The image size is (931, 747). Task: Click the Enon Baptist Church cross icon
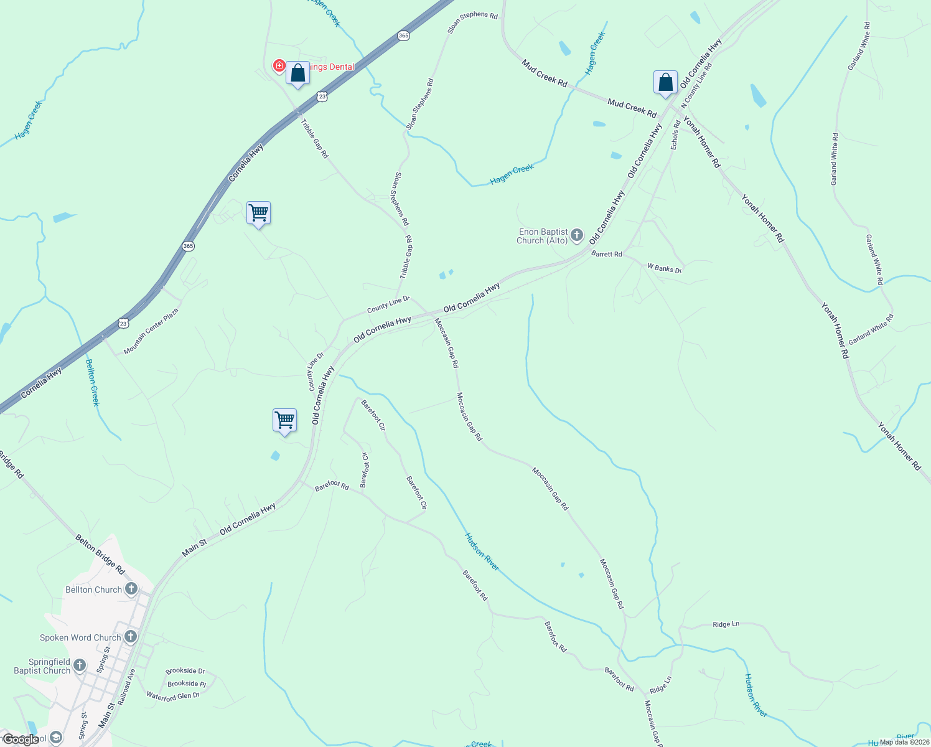tap(577, 235)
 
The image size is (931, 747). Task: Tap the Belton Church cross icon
tap(131, 589)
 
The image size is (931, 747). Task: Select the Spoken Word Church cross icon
tap(131, 636)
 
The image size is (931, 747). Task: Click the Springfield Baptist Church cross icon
tap(80, 665)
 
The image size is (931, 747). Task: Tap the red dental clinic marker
tap(279, 66)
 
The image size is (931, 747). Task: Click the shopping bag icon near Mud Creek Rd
tap(665, 83)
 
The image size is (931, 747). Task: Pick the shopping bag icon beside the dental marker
tap(298, 73)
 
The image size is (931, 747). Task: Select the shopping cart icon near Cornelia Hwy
tap(258, 213)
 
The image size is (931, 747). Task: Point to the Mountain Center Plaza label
tap(151, 331)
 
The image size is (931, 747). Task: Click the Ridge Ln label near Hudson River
tap(726, 624)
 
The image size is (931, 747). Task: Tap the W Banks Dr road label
tap(664, 268)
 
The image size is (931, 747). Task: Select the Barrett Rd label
tap(607, 254)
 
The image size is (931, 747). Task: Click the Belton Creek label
tap(92, 382)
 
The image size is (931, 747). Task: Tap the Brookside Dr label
tap(185, 670)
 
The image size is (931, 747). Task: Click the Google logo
tap(21, 740)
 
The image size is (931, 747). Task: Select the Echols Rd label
tap(675, 134)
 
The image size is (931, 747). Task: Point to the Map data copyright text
tap(904, 741)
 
